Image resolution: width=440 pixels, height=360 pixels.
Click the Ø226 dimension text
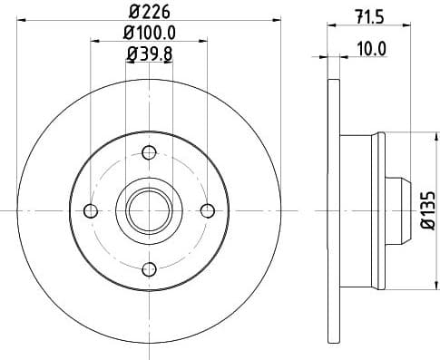click(x=150, y=12)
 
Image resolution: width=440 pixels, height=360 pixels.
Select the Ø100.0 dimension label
click(x=150, y=34)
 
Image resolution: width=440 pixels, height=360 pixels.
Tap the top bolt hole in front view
click(x=148, y=151)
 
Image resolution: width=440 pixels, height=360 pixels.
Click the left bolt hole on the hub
click(x=89, y=210)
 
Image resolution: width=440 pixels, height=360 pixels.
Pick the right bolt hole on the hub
click(x=207, y=210)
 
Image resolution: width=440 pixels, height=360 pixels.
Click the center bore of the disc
click(x=148, y=210)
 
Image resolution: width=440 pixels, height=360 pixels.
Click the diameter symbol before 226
click(x=132, y=12)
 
